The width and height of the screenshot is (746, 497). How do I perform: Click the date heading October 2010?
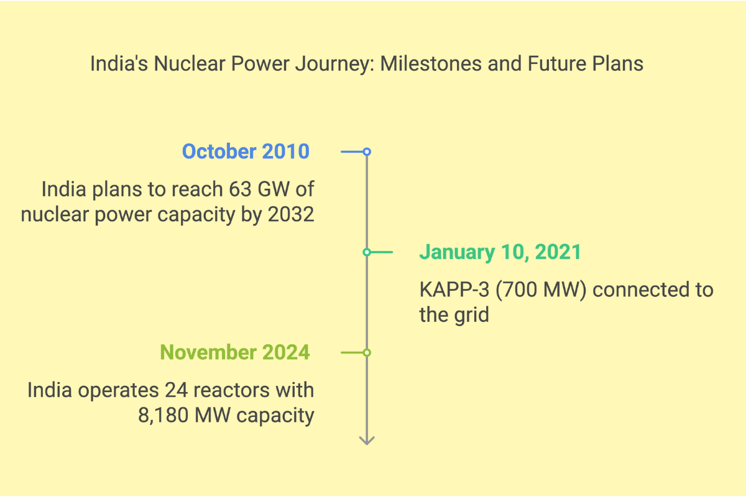tap(246, 152)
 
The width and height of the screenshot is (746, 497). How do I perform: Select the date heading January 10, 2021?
tap(500, 252)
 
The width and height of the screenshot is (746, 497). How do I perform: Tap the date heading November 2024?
tap(235, 352)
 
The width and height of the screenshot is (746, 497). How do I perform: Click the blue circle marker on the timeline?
tap(367, 152)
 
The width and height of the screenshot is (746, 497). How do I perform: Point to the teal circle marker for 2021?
tap(367, 252)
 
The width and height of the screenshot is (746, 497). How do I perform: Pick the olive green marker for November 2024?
tap(367, 352)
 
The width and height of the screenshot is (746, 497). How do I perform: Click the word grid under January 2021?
tap(471, 314)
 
